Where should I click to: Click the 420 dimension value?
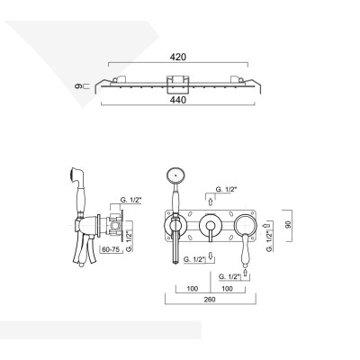[x=179, y=57]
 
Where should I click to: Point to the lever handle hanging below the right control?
[x=244, y=249]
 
